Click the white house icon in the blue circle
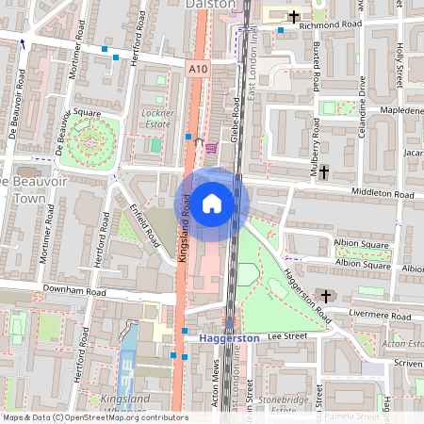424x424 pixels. (x=212, y=202)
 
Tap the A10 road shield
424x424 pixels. (x=197, y=69)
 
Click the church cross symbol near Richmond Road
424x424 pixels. (x=294, y=17)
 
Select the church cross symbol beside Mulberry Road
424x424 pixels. (x=324, y=171)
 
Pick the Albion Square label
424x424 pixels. (x=362, y=244)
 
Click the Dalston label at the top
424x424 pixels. (x=219, y=5)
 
